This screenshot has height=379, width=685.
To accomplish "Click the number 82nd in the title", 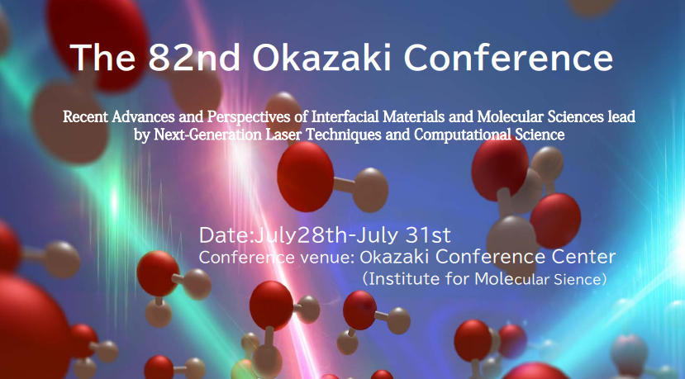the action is pos(194,58).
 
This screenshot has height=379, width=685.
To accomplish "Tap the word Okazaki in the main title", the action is pos(321,58).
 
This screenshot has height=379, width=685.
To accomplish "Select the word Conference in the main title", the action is pos(508,58).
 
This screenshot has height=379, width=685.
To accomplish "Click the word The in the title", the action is pos(102,58).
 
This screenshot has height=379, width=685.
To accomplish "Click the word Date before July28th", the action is pos(224,236).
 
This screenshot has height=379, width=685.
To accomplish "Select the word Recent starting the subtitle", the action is pos(85,116).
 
